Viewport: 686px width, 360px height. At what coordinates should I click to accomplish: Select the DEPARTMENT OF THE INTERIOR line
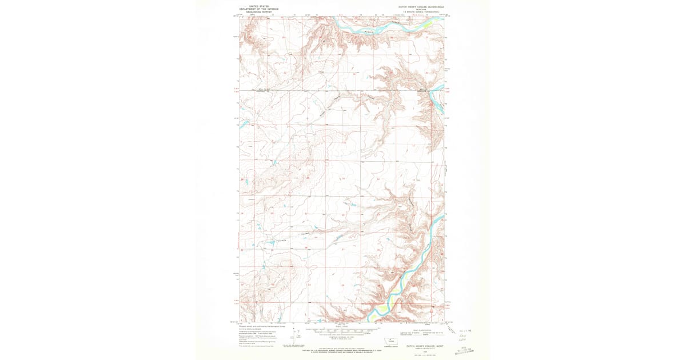pyautogui.click(x=259, y=9)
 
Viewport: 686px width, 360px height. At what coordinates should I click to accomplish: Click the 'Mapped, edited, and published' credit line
pyautogui.click(x=264, y=327)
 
